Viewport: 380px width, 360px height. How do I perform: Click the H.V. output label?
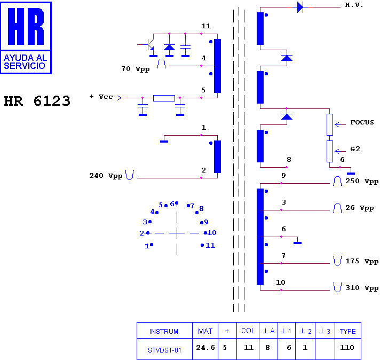click(x=354, y=5)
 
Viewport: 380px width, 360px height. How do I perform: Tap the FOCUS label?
click(x=362, y=122)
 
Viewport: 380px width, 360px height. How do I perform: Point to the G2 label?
click(x=355, y=148)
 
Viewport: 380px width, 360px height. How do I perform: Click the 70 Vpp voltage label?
click(x=136, y=69)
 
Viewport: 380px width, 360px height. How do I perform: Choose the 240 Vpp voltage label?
click(x=106, y=176)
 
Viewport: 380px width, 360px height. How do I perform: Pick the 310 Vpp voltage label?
click(x=362, y=288)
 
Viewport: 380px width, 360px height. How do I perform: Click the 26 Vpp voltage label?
click(x=359, y=208)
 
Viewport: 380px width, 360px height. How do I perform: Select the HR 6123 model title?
click(x=37, y=101)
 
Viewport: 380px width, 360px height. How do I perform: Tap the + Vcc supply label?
click(x=101, y=97)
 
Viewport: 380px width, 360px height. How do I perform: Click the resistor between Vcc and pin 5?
click(x=164, y=98)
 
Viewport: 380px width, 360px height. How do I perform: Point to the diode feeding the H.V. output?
click(x=300, y=7)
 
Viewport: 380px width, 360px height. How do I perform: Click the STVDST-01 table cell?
click(x=164, y=350)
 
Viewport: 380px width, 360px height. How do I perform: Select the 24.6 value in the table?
click(x=205, y=348)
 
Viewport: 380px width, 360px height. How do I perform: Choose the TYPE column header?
click(x=348, y=331)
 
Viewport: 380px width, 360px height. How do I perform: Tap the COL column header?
click(x=248, y=331)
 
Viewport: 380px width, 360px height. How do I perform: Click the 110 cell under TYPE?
click(x=347, y=348)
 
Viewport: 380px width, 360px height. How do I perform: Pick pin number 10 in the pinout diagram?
click(x=212, y=233)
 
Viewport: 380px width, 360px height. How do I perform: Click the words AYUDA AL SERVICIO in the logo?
click(x=25, y=62)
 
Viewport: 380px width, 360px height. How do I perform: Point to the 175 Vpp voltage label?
click(x=362, y=261)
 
